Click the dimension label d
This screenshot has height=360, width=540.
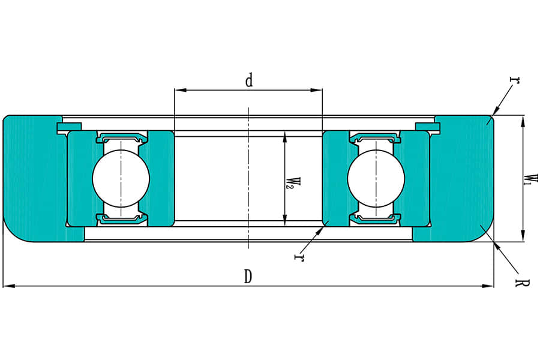click(249, 80)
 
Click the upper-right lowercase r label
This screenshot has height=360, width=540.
click(514, 79)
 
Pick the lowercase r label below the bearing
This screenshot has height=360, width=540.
click(297, 258)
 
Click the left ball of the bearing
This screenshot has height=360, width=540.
click(121, 178)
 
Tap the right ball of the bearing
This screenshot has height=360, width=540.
click(376, 178)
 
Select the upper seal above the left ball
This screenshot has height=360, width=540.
click(121, 137)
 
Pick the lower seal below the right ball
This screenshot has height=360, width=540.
click(376, 219)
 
